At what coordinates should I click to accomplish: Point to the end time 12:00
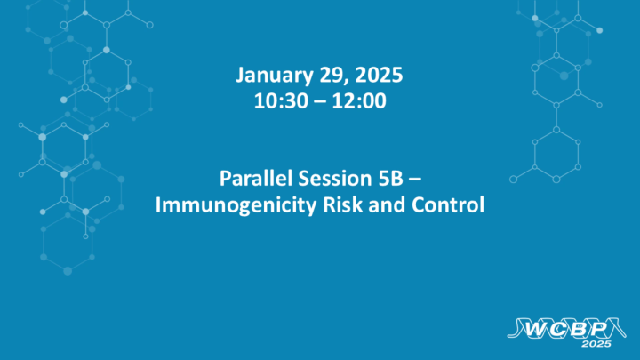point(360,100)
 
